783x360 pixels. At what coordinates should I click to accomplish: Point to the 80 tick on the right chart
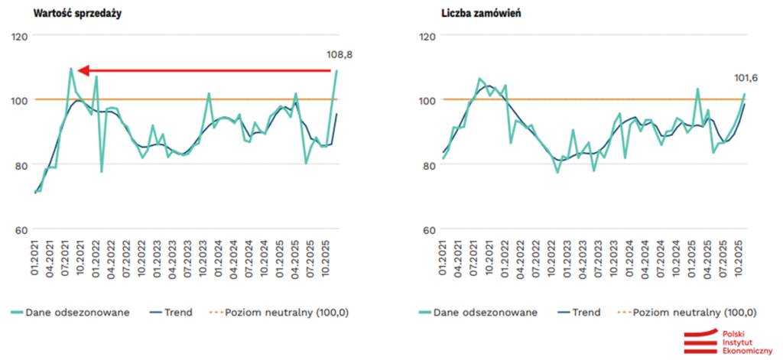(428, 165)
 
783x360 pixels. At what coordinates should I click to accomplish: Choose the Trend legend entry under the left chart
(178, 313)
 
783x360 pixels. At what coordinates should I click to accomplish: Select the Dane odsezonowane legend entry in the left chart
(72, 313)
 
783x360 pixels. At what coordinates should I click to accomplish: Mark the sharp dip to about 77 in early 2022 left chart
(101, 171)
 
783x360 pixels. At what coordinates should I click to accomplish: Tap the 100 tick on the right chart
(428, 100)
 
